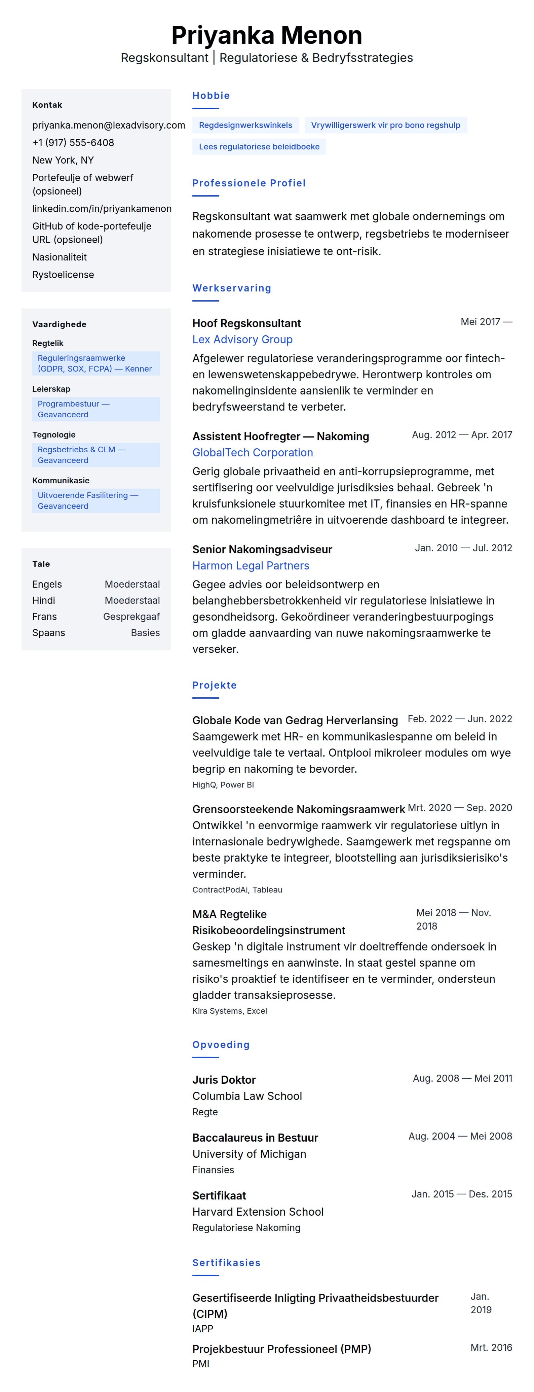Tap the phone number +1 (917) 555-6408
[x=73, y=143]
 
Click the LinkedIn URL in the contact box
[x=102, y=209]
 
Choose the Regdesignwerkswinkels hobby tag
[x=246, y=125]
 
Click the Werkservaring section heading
[x=232, y=288]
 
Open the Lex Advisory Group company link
[x=242, y=339]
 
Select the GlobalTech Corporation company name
[x=253, y=453]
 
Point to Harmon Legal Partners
[x=251, y=566]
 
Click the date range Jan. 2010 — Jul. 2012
[x=463, y=548]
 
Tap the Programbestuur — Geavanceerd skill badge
[x=96, y=409]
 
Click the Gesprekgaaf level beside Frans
[x=131, y=617]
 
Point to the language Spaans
[x=49, y=633]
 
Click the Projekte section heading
[x=214, y=685]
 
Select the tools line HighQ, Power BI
[x=223, y=785]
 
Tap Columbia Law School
[x=247, y=1096]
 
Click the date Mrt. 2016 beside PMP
[x=491, y=1348]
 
